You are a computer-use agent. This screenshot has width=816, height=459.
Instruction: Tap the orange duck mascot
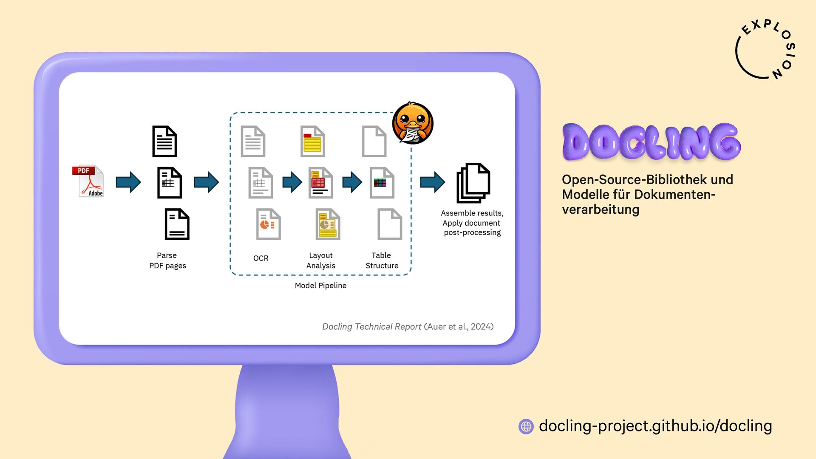(x=412, y=123)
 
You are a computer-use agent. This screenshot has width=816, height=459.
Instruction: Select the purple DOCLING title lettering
(x=651, y=142)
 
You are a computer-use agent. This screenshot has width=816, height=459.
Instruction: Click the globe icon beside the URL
(x=526, y=426)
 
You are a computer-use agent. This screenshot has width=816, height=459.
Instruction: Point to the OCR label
(x=261, y=258)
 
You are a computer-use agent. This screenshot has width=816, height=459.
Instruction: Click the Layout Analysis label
(x=321, y=261)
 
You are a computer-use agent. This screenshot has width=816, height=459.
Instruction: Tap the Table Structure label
(x=382, y=261)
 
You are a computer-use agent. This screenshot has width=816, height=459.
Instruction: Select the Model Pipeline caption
(x=320, y=286)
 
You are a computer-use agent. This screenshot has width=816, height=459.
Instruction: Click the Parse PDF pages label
(x=167, y=261)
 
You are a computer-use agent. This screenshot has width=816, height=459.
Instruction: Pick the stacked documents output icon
(x=473, y=183)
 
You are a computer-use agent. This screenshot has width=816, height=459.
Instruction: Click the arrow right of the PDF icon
(x=128, y=182)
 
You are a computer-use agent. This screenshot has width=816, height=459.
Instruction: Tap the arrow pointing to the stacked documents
(x=432, y=182)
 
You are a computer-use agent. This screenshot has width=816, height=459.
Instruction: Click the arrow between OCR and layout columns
(x=292, y=182)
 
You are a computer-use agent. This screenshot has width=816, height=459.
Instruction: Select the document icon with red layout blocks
(x=320, y=183)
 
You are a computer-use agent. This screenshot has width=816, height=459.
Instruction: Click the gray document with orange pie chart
(x=268, y=224)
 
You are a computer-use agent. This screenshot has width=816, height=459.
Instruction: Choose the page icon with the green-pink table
(x=382, y=183)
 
